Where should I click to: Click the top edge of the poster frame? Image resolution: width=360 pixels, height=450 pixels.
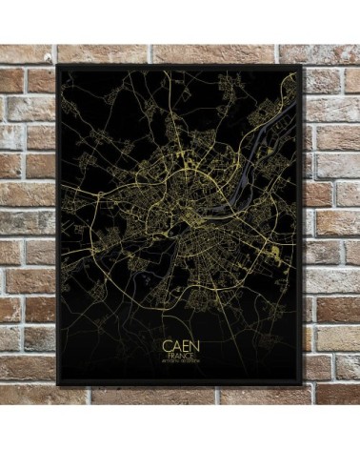pos(180,66)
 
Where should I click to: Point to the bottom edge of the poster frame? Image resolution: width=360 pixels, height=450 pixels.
pos(180,384)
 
